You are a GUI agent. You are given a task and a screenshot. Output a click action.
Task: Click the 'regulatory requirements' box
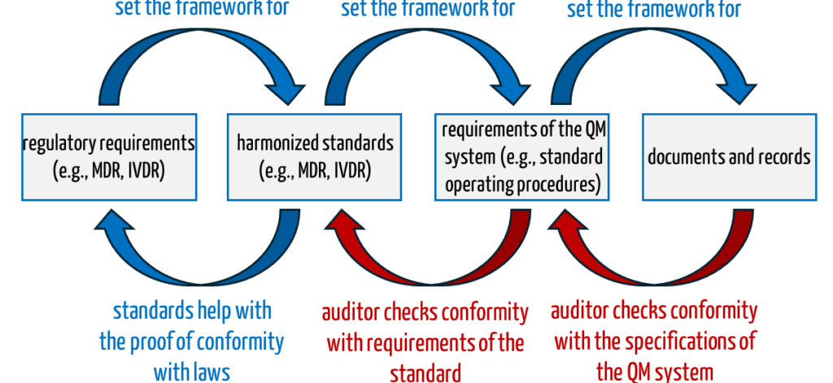(109, 156)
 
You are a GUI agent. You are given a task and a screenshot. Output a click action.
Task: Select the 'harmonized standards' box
(315, 156)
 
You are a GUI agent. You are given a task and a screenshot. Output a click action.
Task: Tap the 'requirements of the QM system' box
(521, 156)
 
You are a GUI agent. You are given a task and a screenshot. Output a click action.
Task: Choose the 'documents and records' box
(729, 156)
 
